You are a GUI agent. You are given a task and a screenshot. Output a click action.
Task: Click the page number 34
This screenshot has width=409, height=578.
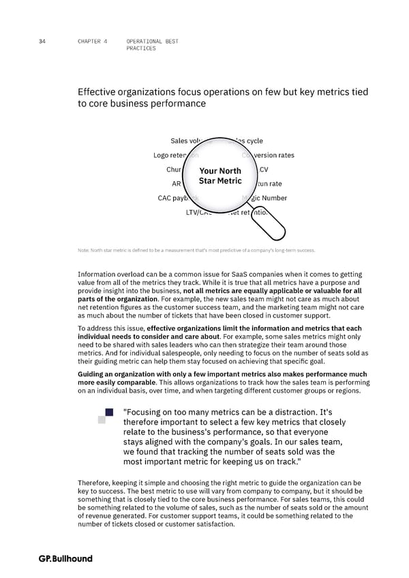click(x=42, y=42)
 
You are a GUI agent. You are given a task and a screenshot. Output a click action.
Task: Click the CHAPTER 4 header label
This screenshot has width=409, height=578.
click(x=93, y=42)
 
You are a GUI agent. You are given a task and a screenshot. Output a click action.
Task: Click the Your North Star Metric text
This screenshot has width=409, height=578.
click(x=220, y=175)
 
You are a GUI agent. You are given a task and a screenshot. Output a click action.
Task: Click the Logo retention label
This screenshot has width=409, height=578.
click(x=175, y=155)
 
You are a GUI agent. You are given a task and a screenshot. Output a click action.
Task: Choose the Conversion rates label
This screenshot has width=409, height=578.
click(x=270, y=155)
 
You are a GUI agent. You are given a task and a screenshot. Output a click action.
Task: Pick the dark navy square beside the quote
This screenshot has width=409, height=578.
click(x=109, y=412)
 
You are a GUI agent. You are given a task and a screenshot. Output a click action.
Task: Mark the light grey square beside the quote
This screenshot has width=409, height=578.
click(x=102, y=419)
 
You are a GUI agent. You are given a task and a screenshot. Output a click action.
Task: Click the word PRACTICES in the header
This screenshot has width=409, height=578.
click(x=141, y=48)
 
